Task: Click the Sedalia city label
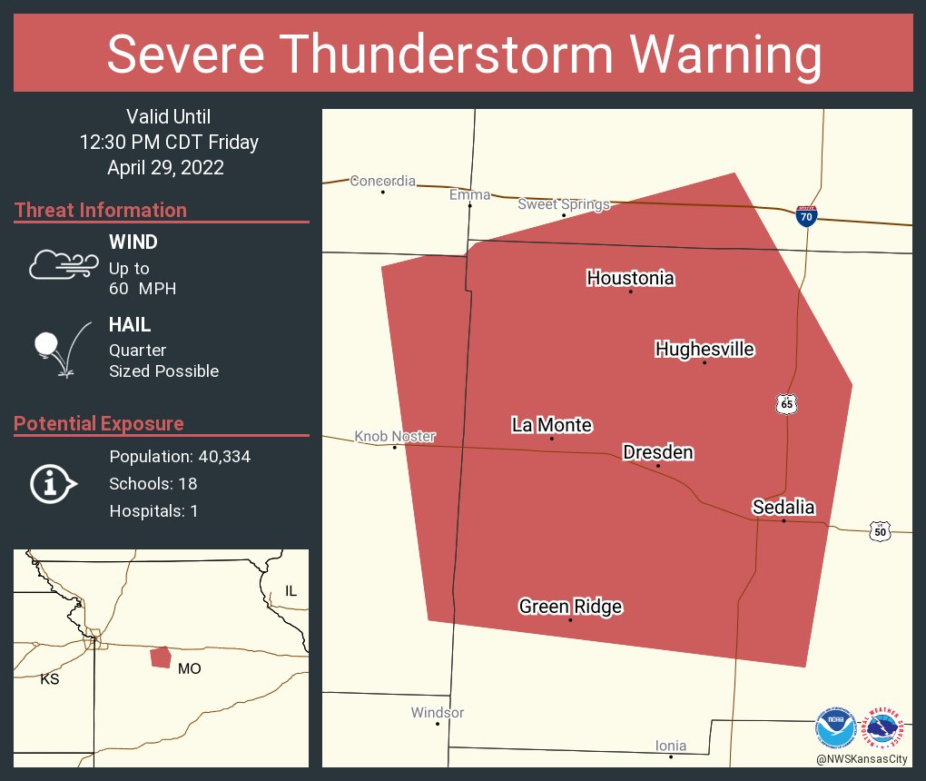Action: [783, 508]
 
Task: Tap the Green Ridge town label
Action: [570, 607]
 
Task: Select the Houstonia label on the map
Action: [630, 278]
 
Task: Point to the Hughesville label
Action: [704, 349]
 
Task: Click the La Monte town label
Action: [552, 425]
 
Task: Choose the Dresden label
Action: [658, 452]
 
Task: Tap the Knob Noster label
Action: [395, 436]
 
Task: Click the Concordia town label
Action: [383, 181]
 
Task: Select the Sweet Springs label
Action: [564, 204]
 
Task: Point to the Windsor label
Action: [438, 713]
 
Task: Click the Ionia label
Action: [671, 746]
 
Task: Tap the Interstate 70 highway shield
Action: [805, 215]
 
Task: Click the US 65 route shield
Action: [786, 403]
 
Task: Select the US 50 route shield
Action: [879, 531]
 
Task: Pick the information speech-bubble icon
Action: [53, 483]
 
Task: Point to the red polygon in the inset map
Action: [161, 657]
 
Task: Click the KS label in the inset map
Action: [50, 678]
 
